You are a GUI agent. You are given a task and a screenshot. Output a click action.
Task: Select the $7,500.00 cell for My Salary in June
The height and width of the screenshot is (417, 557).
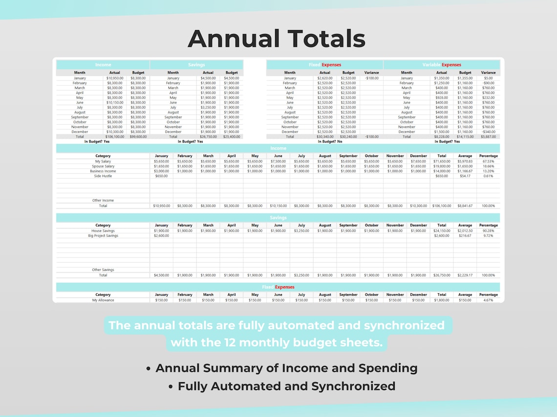[278, 161]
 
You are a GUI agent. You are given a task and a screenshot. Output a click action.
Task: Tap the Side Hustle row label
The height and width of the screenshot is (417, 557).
[103, 176]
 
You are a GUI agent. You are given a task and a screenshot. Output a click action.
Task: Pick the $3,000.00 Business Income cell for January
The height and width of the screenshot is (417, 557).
[161, 171]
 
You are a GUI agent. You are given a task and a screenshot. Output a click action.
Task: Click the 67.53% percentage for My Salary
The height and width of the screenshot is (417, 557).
[488, 161]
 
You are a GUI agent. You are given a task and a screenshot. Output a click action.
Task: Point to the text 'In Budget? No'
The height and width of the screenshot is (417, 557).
[330, 141]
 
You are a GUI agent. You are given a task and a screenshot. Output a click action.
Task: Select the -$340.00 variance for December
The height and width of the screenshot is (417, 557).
[488, 132]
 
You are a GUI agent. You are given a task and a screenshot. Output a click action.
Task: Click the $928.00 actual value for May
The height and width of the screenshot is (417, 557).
[442, 98]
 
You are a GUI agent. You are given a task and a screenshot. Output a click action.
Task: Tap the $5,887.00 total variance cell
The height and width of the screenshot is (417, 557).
[488, 137]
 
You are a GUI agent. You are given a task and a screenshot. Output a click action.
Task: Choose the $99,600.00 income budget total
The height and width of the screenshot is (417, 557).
[138, 137]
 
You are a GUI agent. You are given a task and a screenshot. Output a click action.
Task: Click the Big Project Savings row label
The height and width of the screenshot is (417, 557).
[103, 236]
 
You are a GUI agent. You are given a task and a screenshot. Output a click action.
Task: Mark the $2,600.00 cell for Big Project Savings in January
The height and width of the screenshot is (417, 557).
[161, 236]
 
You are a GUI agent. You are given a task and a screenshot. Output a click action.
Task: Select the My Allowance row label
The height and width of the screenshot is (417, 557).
[103, 300]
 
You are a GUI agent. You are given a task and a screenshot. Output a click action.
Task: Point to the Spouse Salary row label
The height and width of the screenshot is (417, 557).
[103, 166]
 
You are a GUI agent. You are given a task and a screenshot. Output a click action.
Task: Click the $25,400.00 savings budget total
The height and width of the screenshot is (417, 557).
[232, 137]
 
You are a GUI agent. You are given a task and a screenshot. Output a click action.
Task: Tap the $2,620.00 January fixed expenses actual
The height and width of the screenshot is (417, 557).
[324, 78]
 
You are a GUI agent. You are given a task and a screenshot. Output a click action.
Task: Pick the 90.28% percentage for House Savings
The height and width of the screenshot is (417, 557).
[488, 231]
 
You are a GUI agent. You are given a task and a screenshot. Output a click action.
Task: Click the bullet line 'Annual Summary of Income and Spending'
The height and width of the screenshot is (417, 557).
[286, 368]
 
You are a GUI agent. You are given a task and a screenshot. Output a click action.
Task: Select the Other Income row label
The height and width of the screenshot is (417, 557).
[103, 200]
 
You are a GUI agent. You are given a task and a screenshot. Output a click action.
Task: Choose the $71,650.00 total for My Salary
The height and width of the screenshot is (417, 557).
[442, 161]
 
